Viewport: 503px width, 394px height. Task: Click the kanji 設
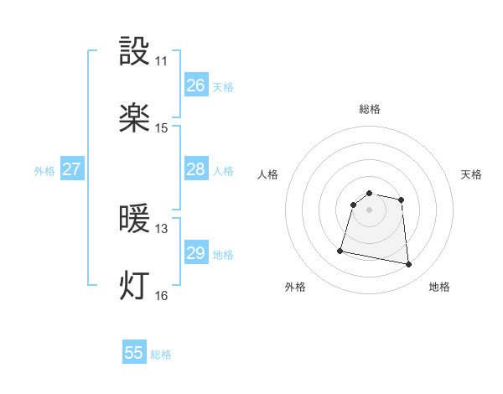click(135, 53)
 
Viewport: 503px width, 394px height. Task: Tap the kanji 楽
click(135, 118)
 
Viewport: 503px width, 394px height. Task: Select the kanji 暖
click(135, 220)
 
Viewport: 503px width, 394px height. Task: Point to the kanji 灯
click(135, 286)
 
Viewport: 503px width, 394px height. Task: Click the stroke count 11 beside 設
click(161, 61)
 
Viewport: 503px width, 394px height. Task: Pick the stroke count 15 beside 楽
click(161, 128)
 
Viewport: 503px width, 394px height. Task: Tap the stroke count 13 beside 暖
click(161, 229)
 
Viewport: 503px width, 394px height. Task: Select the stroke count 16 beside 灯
click(161, 295)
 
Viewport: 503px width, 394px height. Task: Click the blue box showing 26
click(196, 86)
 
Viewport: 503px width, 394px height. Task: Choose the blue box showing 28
click(196, 169)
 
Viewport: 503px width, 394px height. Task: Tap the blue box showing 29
click(196, 253)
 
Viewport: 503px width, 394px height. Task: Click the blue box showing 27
click(72, 169)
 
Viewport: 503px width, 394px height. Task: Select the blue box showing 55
click(134, 353)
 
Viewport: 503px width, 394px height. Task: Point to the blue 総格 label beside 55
click(161, 355)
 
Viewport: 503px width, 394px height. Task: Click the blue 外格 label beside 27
click(44, 171)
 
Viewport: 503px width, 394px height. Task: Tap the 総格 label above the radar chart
click(370, 109)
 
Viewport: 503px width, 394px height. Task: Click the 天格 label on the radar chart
click(472, 174)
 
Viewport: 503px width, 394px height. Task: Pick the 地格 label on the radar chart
click(439, 287)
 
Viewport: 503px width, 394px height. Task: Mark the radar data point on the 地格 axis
click(409, 265)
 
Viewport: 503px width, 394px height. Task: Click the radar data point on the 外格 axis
click(340, 250)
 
